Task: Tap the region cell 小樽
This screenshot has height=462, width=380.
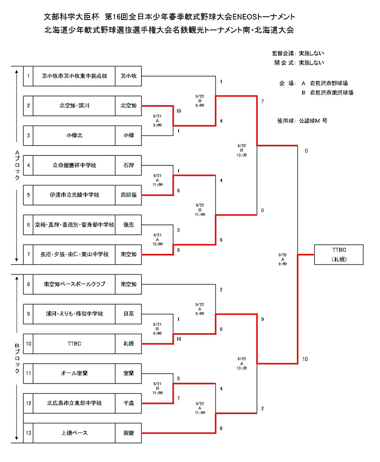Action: click(x=128, y=135)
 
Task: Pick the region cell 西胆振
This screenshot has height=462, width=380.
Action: click(x=128, y=195)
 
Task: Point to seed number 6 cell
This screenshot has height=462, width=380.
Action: click(x=28, y=225)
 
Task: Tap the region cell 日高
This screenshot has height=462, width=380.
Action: click(x=128, y=314)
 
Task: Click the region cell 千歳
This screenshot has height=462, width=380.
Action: click(x=128, y=403)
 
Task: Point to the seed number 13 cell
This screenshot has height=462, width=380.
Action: click(x=28, y=433)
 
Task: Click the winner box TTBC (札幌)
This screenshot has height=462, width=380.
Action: click(x=339, y=254)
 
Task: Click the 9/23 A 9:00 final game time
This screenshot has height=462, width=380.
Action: click(x=283, y=259)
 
